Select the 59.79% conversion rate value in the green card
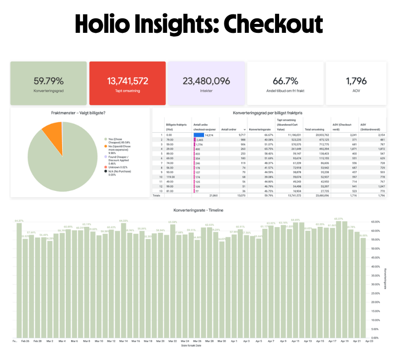pos(48,81)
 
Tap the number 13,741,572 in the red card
pos(127,81)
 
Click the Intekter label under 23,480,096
pos(206,91)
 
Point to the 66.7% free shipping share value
pos(285,81)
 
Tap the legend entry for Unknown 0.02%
pos(116,168)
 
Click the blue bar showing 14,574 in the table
pos(199,135)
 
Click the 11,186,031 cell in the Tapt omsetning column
pos(288,135)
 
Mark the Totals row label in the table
pos(157,195)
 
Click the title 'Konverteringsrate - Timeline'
pos(198,210)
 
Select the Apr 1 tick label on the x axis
pos(233,341)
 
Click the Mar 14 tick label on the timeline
pos(123,341)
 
